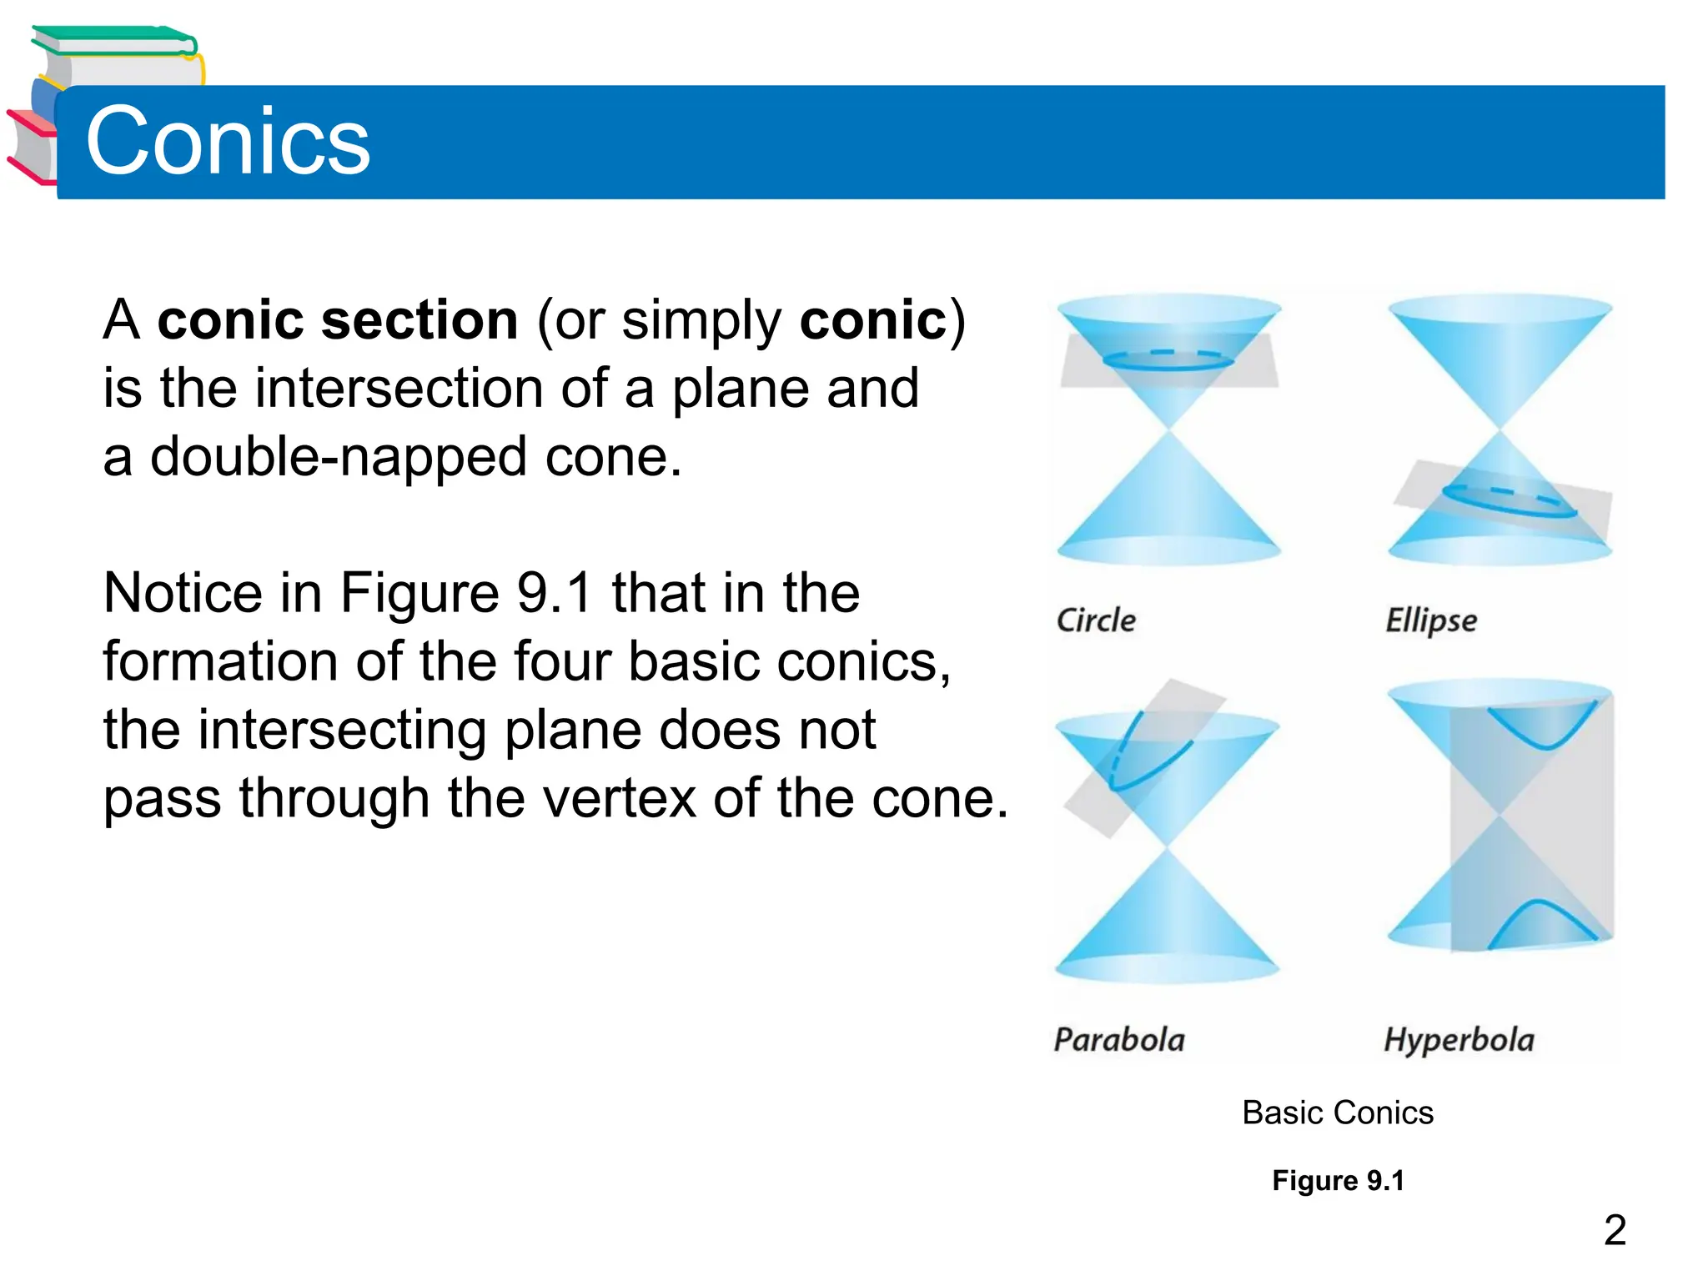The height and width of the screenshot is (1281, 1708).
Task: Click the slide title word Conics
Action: [x=228, y=142]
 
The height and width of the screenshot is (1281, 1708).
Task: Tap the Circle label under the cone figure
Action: [x=1096, y=620]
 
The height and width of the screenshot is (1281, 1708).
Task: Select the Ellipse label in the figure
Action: [x=1431, y=621]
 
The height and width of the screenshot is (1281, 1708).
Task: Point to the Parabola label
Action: [x=1119, y=1040]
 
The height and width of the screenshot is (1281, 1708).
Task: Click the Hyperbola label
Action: [x=1459, y=1040]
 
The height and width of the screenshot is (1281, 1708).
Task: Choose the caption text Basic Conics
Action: [x=1337, y=1113]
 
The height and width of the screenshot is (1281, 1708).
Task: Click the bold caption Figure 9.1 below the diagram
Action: [x=1338, y=1181]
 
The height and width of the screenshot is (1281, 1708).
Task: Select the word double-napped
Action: [x=338, y=457]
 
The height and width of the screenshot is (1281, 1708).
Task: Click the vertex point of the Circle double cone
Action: [x=1169, y=430]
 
